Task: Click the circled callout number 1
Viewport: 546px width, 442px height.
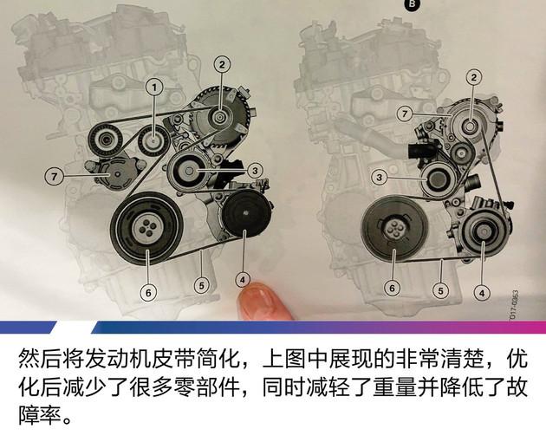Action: pos(154,87)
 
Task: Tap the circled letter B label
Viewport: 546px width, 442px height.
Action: pos(411,4)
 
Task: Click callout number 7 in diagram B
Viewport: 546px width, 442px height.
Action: pos(403,114)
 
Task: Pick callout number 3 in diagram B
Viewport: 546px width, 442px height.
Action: pos(379,177)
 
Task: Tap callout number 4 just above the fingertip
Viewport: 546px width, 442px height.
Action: pos(243,278)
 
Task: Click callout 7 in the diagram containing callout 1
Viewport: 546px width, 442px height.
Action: pos(52,176)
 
